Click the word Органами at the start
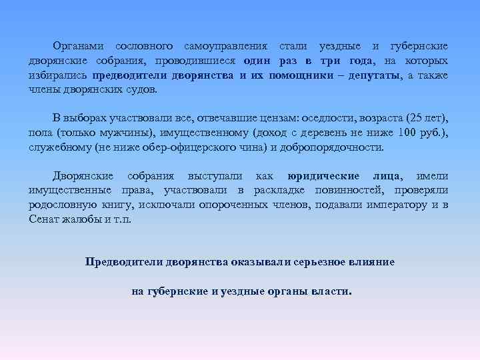point(79,47)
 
